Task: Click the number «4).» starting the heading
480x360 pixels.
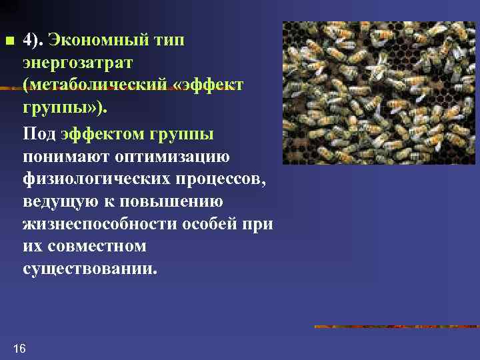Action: coord(33,39)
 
